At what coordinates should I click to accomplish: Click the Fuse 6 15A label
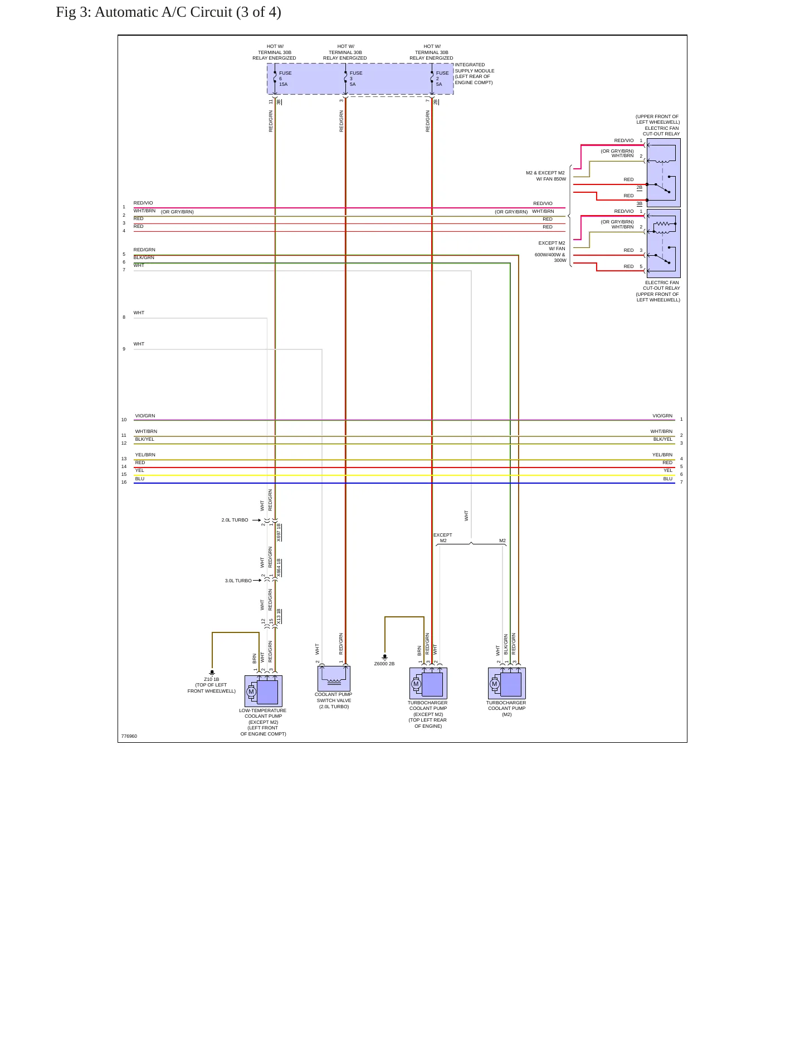285,79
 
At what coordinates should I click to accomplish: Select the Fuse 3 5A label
355,79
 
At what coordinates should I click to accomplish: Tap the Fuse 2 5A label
442,79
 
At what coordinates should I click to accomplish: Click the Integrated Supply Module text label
474,74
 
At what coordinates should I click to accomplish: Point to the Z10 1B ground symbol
212,673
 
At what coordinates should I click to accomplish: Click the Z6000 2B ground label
384,664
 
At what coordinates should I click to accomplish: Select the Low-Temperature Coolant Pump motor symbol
251,692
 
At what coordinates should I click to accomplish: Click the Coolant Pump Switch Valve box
334,679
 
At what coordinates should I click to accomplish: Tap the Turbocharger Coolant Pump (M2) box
506,683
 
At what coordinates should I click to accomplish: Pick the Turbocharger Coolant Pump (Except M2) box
428,683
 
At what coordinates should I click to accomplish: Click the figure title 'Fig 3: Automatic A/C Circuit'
168,12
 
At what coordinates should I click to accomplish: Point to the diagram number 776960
129,736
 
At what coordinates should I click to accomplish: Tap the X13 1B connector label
279,616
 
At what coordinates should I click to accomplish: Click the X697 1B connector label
279,532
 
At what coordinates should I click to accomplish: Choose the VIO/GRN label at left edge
145,416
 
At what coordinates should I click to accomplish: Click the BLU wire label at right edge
667,479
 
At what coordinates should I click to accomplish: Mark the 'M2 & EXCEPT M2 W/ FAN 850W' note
546,176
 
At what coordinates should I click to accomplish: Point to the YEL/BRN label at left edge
145,455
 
